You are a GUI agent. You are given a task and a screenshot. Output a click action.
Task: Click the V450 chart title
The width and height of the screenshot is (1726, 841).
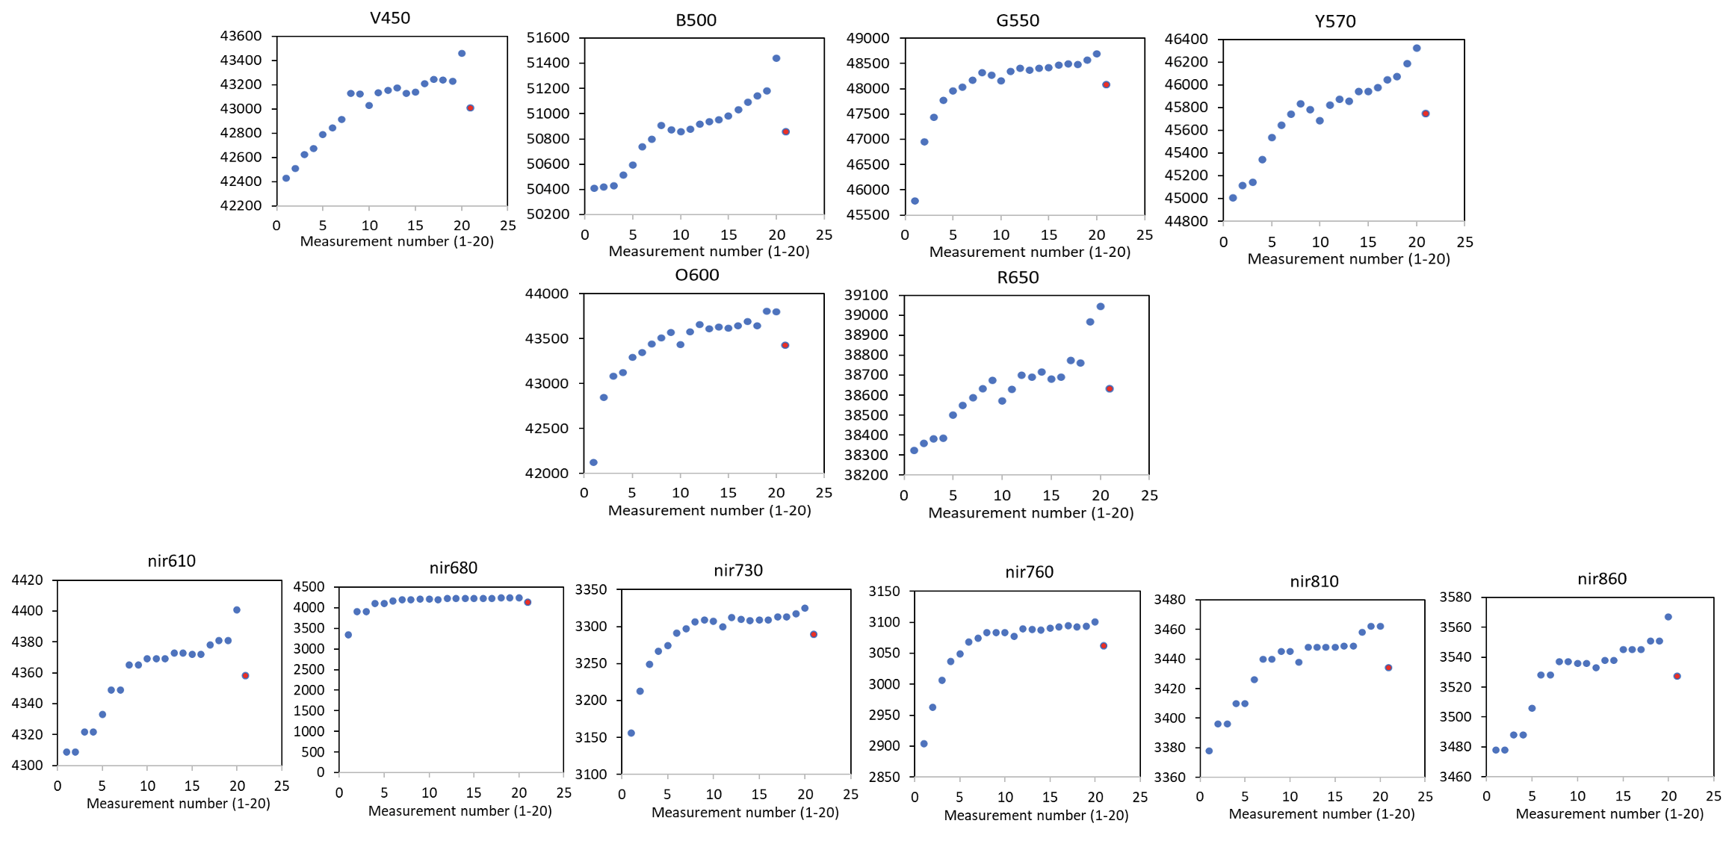pyautogui.click(x=389, y=18)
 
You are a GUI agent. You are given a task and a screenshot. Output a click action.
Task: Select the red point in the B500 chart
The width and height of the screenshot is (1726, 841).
pyautogui.click(x=785, y=131)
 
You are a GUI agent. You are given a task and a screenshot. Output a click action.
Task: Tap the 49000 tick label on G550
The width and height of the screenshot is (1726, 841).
pyautogui.click(x=867, y=38)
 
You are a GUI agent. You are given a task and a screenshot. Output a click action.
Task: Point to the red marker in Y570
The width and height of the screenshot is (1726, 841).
pyautogui.click(x=1425, y=114)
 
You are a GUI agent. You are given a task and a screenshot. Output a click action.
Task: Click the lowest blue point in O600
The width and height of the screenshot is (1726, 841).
pyautogui.click(x=593, y=462)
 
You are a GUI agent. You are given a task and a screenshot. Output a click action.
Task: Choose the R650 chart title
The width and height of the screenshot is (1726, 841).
pyautogui.click(x=1018, y=278)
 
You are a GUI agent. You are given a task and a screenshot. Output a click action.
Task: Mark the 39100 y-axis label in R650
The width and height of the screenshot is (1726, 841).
pyautogui.click(x=866, y=295)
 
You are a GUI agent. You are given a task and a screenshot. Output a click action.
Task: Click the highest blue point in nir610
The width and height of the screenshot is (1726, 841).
pyautogui.click(x=237, y=610)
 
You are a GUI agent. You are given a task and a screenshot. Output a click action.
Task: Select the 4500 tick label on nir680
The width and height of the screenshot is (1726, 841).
pyautogui.click(x=309, y=587)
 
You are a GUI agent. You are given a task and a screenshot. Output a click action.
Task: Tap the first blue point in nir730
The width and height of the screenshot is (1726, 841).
pyautogui.click(x=631, y=733)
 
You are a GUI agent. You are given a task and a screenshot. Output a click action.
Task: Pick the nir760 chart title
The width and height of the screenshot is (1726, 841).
pyautogui.click(x=1029, y=572)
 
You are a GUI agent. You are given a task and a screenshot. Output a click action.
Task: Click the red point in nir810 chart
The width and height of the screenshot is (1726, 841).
pyautogui.click(x=1388, y=668)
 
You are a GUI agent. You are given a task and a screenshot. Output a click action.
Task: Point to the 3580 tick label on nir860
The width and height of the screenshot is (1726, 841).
pyautogui.click(x=1455, y=598)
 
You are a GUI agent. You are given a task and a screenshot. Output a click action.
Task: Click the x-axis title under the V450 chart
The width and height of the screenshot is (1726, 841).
pyautogui.click(x=397, y=241)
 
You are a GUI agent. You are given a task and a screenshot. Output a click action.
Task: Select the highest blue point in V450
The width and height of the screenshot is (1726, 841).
pyautogui.click(x=462, y=54)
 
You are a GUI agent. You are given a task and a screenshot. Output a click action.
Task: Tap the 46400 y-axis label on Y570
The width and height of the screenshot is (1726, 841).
pyautogui.click(x=1186, y=39)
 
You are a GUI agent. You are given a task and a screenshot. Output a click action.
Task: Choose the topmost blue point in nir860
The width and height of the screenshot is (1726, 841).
pyautogui.click(x=1668, y=617)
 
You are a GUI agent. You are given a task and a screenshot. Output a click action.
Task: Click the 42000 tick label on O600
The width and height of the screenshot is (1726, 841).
pyautogui.click(x=547, y=474)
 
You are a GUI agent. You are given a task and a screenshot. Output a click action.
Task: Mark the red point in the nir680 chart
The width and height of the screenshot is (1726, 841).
pyautogui.click(x=528, y=602)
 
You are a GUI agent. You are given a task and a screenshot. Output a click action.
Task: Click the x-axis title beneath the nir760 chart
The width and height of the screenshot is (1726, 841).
pyautogui.click(x=1036, y=815)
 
